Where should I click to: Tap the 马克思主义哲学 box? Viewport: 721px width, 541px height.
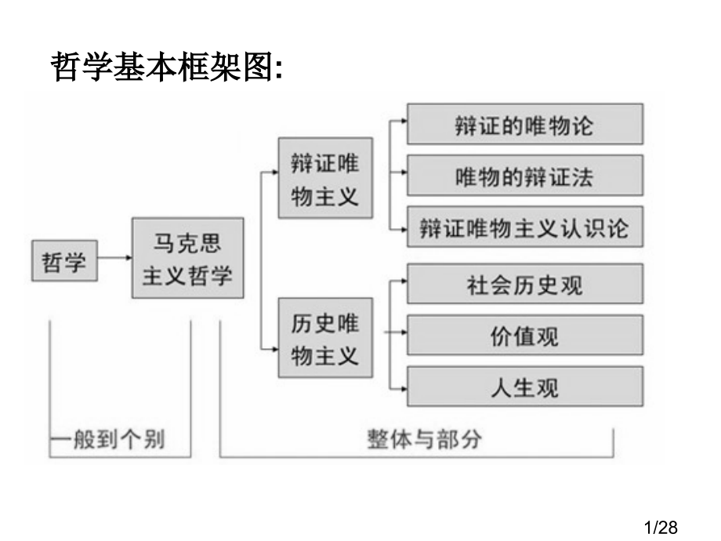[187, 259]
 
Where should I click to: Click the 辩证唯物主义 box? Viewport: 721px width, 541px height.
[325, 179]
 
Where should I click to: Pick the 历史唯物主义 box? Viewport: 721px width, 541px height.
[325, 339]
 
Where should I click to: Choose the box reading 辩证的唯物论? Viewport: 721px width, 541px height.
[524, 124]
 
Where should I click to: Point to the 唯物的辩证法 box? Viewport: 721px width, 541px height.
[524, 176]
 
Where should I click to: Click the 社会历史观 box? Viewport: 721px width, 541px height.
[524, 284]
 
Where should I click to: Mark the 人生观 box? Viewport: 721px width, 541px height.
[524, 387]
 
